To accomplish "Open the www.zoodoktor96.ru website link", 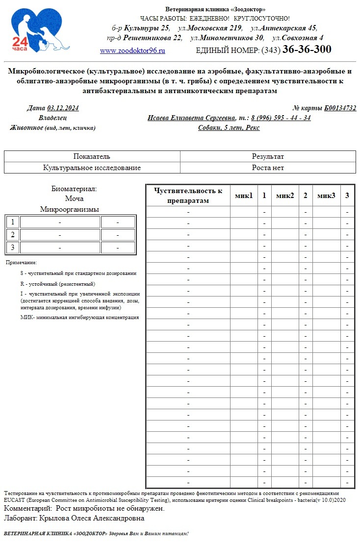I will pos(132,50).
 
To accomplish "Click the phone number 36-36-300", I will pos(307,49).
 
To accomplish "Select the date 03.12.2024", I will pos(63,108).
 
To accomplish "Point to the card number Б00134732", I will pos(340,108).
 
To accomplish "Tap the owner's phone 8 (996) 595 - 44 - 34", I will pos(281,118).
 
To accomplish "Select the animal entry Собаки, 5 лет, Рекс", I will pos(229,128).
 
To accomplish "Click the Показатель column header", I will pos(92,157).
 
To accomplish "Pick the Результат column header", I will pos(268,157).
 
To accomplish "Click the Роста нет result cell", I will pos(268,168).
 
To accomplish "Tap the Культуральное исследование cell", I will pos(92,168).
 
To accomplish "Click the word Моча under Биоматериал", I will pos(74,199).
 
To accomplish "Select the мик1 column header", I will pos(244,196).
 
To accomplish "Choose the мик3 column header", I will pos(326,196).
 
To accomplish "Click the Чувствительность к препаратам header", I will pos(188,196).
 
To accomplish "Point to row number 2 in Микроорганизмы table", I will pos(12,235).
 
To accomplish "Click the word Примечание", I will pos(21,263).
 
